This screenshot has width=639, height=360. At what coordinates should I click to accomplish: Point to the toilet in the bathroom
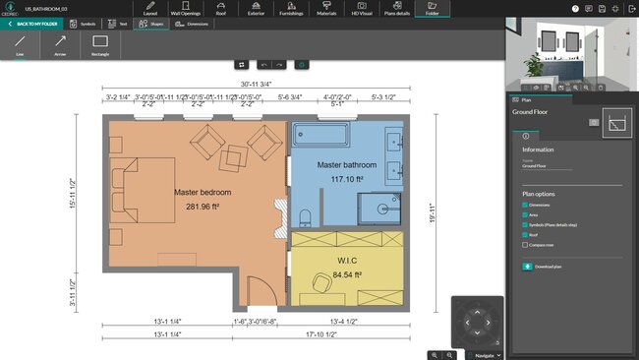click(x=305, y=215)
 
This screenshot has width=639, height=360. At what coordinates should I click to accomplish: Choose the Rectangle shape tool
click(x=99, y=45)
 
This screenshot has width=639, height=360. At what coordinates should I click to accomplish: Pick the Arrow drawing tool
click(x=60, y=45)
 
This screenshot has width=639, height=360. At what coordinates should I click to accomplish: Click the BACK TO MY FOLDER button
click(x=35, y=23)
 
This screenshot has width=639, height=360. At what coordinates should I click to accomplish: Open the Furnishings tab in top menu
click(x=290, y=9)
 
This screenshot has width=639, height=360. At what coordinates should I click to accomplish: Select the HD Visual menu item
click(x=362, y=9)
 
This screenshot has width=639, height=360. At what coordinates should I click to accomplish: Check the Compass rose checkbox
click(x=526, y=244)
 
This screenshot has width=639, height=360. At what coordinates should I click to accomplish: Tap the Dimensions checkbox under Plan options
click(x=526, y=205)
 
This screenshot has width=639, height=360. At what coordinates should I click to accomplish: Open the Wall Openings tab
click(x=185, y=9)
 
